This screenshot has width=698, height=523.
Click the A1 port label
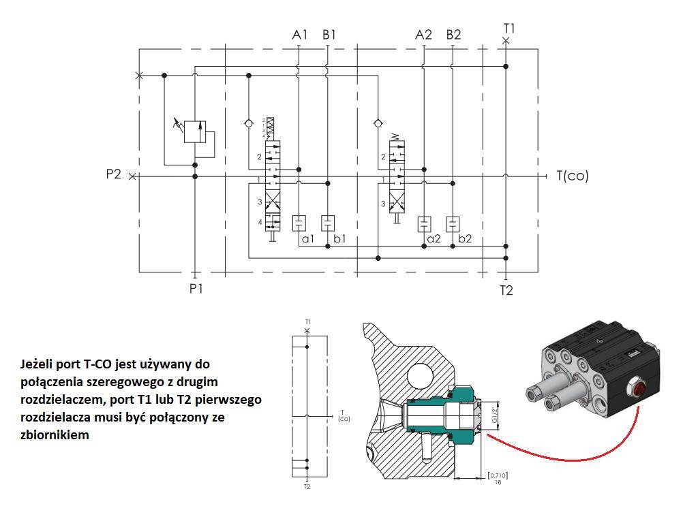(x=299, y=35)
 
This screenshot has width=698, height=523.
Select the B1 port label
(x=329, y=35)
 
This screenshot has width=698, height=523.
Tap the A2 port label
(x=424, y=35)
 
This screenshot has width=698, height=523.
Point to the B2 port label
(x=454, y=35)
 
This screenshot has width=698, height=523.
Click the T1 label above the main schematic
(x=509, y=29)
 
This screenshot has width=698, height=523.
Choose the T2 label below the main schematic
(x=506, y=291)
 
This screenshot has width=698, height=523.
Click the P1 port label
(x=196, y=289)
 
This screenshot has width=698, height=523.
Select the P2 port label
(x=113, y=174)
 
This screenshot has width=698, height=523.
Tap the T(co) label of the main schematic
(x=572, y=176)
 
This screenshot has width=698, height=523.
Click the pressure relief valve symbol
(x=195, y=131)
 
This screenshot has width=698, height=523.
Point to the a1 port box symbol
(x=299, y=223)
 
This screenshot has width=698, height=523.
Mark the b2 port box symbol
(x=453, y=223)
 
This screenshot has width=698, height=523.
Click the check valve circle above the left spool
(x=249, y=123)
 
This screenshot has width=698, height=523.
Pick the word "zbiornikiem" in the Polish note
(x=55, y=434)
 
